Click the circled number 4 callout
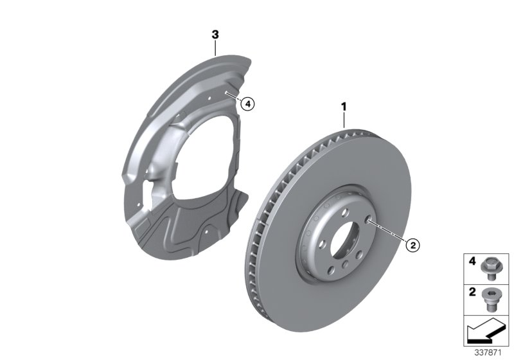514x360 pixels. point(248,102)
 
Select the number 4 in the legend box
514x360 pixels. point(472,262)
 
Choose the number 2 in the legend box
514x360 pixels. point(472,292)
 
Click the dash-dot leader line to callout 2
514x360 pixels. point(389,232)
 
